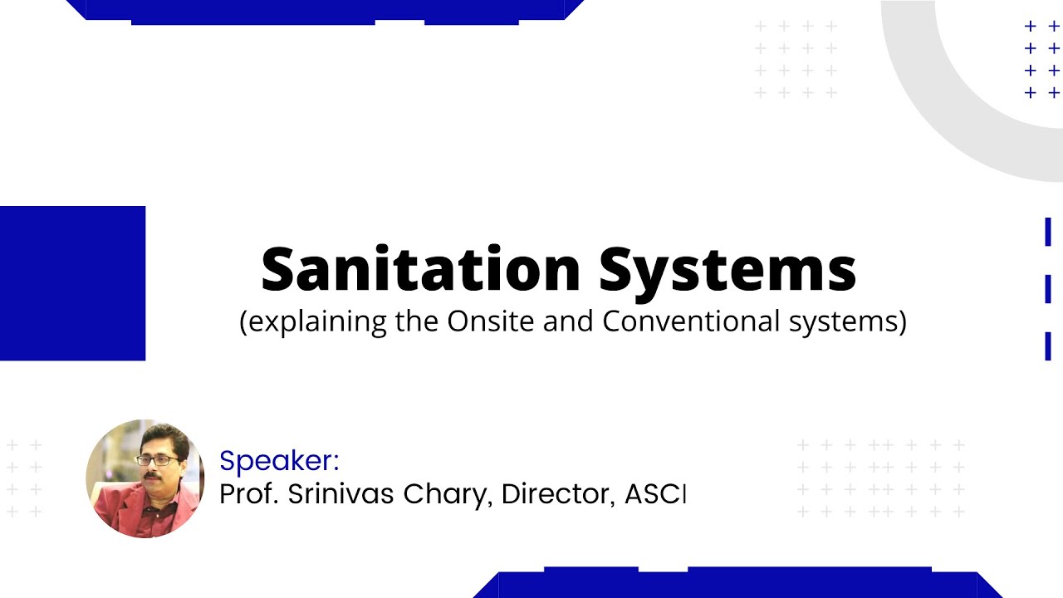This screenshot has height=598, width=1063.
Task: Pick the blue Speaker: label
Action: tap(279, 461)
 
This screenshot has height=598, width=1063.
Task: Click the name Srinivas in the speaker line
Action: tap(340, 494)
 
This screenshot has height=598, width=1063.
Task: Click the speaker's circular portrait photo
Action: tap(145, 478)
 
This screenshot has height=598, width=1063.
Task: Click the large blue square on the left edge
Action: tap(72, 283)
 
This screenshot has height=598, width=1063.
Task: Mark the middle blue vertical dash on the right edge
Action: tap(1048, 289)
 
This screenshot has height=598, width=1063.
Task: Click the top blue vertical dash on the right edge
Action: tap(1048, 233)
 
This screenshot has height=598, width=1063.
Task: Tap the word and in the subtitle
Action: tap(570, 321)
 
